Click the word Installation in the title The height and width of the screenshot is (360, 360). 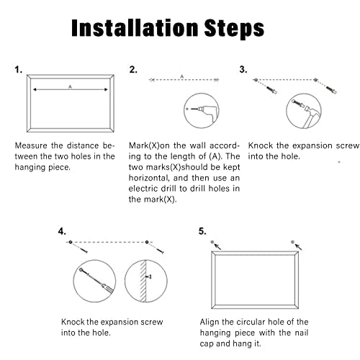135,28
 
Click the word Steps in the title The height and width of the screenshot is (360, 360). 234,30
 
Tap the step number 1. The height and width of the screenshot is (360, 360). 19,70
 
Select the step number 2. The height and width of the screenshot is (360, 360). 133,70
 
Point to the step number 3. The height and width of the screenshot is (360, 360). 243,69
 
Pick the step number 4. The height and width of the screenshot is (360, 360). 62,231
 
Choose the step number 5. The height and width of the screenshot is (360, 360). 202,231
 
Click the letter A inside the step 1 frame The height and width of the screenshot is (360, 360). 70,87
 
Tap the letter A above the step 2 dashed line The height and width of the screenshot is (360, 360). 182,76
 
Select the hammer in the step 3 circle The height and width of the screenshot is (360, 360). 310,115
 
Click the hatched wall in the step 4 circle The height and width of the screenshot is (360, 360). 143,281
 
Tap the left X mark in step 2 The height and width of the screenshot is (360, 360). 152,80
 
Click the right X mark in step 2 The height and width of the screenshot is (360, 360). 216,80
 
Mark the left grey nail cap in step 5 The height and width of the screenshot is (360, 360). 212,242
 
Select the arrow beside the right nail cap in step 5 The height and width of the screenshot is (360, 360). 298,247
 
